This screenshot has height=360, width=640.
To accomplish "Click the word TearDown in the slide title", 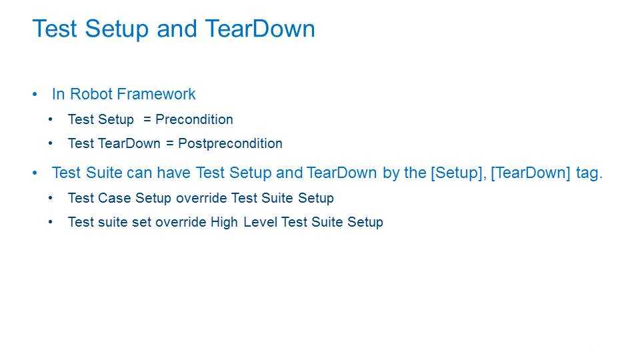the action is coord(260,29).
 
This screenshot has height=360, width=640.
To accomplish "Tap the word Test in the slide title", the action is coord(55,29).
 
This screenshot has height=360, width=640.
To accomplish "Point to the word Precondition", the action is coord(194,119).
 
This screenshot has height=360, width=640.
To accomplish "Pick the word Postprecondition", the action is coord(230,144).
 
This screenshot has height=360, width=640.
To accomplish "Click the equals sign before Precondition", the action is coord(147,119).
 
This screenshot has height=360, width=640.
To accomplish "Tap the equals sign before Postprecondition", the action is coord(170,144).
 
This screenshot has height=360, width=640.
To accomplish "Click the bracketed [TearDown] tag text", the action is coord(530,173).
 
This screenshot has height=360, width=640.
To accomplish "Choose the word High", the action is coord(224,222).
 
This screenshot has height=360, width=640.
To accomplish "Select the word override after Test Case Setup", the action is coord(201,198).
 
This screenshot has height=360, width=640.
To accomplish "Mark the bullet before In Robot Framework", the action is coord(35,94).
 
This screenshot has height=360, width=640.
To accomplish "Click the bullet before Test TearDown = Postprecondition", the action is coord(50,144).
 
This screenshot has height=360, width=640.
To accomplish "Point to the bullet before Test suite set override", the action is coord(50,222).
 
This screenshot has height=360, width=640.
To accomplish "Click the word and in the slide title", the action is coord(177,29).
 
